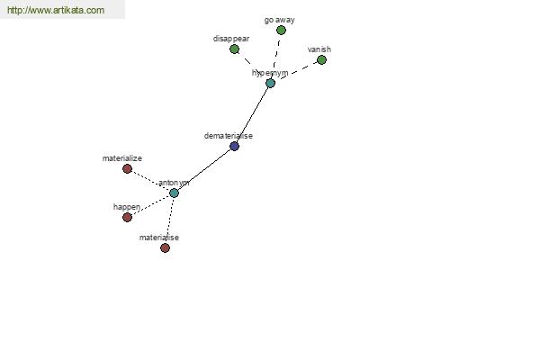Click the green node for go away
pos(281,31)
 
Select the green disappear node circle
pos(235,49)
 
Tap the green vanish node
pos(321,60)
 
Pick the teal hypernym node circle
pos(270,83)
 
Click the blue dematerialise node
pos(235,147)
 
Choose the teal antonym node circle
pos(174,193)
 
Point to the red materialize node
pos(128,169)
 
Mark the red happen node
pos(128,218)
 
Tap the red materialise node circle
pos(165,248)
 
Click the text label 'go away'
pos(279,21)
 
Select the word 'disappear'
pos(231,39)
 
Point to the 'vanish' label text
pos(319,49)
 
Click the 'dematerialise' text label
pos(229,136)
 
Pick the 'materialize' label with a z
pos(121,158)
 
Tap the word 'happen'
pos(127,207)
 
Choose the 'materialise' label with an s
pos(159,238)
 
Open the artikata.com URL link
pos(56,10)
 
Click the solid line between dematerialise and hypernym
pos(252,114)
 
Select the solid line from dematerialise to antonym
pos(204,169)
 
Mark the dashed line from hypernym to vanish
pos(298,70)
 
